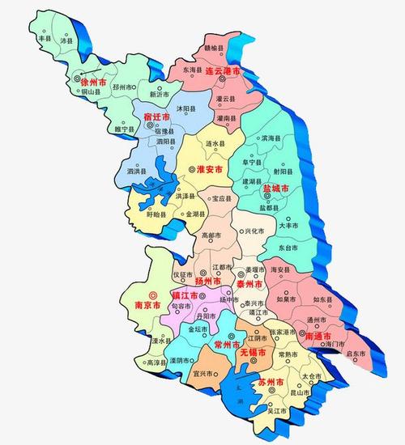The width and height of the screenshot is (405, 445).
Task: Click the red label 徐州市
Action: [x=94, y=83]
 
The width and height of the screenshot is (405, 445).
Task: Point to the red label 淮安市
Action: [x=211, y=169]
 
